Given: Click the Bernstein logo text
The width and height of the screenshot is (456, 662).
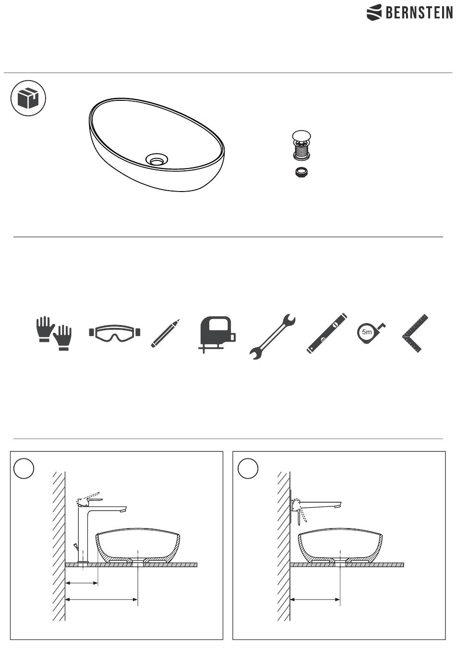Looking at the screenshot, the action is [419, 12].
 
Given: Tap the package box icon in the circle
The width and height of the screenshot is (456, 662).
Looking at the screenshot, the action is [28, 98].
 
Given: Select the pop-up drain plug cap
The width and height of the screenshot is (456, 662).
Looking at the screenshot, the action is [301, 136].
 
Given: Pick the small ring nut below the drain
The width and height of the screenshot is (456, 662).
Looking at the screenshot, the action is [301, 171].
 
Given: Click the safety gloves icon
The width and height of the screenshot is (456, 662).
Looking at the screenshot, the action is [54, 333].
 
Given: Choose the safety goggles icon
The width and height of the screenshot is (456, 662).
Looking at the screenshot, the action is [114, 333].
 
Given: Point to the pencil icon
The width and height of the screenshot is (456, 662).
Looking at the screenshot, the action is [165, 333].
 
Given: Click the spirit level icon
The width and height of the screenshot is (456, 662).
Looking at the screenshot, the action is [326, 333].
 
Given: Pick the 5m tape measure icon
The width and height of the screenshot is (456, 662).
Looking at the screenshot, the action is [371, 333].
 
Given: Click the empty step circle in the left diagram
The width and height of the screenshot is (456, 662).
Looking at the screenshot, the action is [24, 469].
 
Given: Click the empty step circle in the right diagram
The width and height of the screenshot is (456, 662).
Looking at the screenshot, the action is [248, 469].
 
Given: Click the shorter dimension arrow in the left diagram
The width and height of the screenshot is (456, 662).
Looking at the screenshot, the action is [81, 583].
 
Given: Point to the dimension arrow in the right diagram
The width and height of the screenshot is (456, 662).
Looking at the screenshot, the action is [315, 600].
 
